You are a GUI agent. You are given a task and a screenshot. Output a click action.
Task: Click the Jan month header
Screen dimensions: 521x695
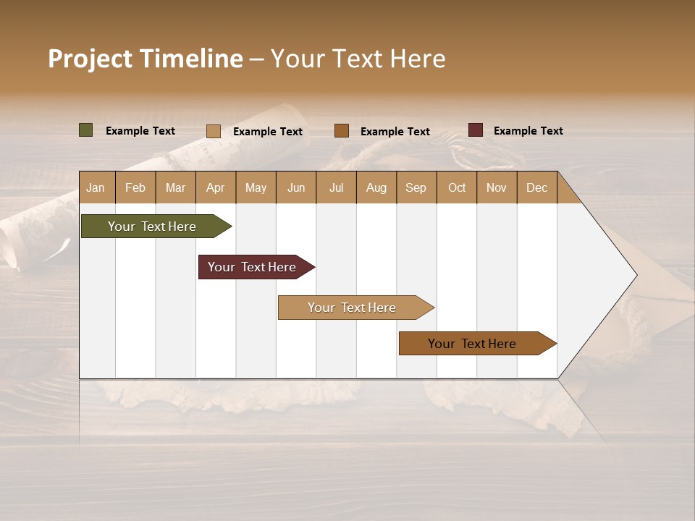pos(96,187)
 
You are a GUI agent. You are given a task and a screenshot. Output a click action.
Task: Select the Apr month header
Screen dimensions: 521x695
pos(215,187)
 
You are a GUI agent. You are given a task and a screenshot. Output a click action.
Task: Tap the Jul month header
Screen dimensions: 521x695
pos(336,187)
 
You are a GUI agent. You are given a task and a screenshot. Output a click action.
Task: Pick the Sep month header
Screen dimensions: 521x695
pos(416,187)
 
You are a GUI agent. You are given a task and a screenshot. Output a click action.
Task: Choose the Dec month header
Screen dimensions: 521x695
pos(536,187)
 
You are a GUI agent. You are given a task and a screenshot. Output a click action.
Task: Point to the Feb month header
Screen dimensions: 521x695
pos(135,187)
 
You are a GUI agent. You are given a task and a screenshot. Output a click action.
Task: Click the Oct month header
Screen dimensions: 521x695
pos(457,187)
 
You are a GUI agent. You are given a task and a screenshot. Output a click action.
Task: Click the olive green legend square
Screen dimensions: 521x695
pos(86,130)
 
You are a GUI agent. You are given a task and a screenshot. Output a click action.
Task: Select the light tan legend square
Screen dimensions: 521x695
pos(214,131)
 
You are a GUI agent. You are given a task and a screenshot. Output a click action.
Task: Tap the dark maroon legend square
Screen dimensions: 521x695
pos(476,130)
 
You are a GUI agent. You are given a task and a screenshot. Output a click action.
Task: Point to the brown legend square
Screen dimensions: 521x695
pos(342,131)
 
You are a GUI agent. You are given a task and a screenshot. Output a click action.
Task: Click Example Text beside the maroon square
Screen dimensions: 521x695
pos(528,131)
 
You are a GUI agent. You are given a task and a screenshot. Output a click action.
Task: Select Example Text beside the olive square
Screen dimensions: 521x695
pos(140,131)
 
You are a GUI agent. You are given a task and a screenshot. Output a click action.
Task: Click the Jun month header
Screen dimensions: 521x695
pos(296,187)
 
